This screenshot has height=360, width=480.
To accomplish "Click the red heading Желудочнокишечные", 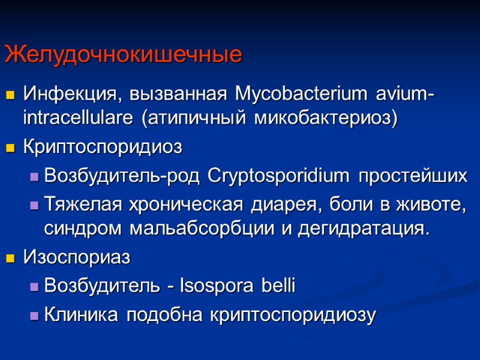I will pos(123,55).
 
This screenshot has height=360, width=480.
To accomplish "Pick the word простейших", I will pos(413,176).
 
